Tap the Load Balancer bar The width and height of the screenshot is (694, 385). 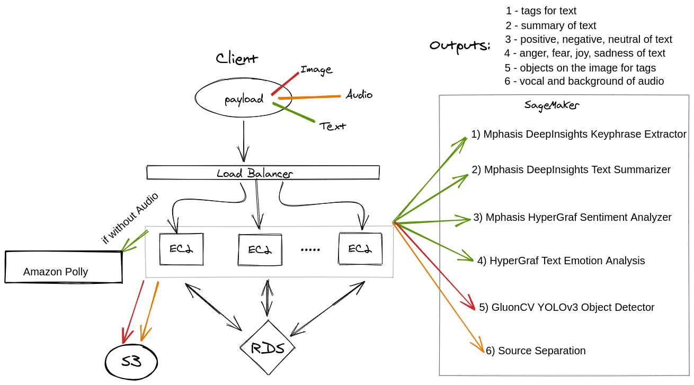pos(263,173)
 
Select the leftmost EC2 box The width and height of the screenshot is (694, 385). pos(181,249)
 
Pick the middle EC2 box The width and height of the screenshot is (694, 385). pos(260,249)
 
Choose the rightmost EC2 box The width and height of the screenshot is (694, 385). pos(360,249)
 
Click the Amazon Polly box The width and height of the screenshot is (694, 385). pos(64,267)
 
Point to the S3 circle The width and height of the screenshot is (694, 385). pos(131,363)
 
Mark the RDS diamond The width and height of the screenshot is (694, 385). pos(267,348)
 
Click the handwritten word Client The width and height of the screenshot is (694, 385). pos(237,58)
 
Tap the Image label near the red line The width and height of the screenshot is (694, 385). pos(316,69)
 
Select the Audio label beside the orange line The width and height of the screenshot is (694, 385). pos(359,95)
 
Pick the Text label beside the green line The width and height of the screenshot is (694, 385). pos(333,126)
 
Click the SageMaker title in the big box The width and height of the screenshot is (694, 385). pos(551,105)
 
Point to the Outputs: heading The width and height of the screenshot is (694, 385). pos(459,46)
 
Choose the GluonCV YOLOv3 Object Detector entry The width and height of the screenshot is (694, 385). pos(567,307)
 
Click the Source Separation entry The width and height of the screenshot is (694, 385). pos(536,351)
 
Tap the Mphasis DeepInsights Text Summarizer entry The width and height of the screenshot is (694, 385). pos(571,169)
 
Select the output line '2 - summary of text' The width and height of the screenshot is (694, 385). pos(551,25)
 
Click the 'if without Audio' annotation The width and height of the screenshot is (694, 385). pos(130,218)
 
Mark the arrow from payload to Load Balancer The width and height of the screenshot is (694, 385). pos(243,140)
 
